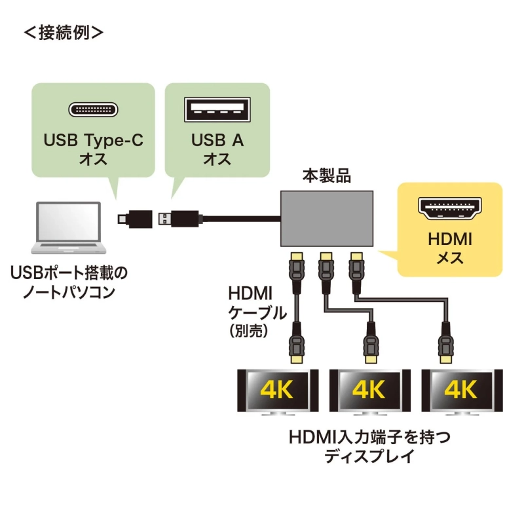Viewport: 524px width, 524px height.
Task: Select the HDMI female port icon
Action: pos(450,208)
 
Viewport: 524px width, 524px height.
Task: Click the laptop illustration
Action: pos(69,229)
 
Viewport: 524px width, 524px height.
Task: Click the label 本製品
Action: pos(326,176)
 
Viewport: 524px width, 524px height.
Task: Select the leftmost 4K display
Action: pos(277,391)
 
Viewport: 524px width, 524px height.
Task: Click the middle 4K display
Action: pos(369,391)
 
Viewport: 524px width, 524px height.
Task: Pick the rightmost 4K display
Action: pos(460,391)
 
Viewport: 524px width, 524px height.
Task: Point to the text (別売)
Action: pos(250,331)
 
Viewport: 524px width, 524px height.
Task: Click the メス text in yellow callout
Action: pos(449,257)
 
